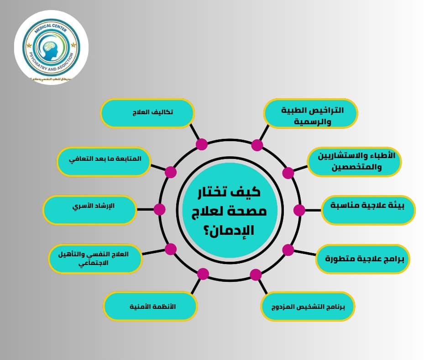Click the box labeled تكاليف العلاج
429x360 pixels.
147,113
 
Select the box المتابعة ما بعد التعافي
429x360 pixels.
104,161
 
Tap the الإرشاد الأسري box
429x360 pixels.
90,210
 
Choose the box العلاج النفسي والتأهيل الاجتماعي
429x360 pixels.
95,258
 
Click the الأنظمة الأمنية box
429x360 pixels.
150,307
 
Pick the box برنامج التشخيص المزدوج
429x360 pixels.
308,306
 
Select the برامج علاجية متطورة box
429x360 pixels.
363,259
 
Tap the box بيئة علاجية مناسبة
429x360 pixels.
368,210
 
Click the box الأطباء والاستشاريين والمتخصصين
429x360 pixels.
354,161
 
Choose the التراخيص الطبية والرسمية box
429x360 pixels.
311,113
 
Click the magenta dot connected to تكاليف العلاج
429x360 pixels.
202,144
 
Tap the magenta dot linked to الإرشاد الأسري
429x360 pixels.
159,210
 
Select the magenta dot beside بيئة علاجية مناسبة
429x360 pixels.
299,210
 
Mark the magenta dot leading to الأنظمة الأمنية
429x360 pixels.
203,274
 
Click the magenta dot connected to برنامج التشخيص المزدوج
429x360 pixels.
256,275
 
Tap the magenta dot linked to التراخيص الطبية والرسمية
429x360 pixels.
257,145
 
